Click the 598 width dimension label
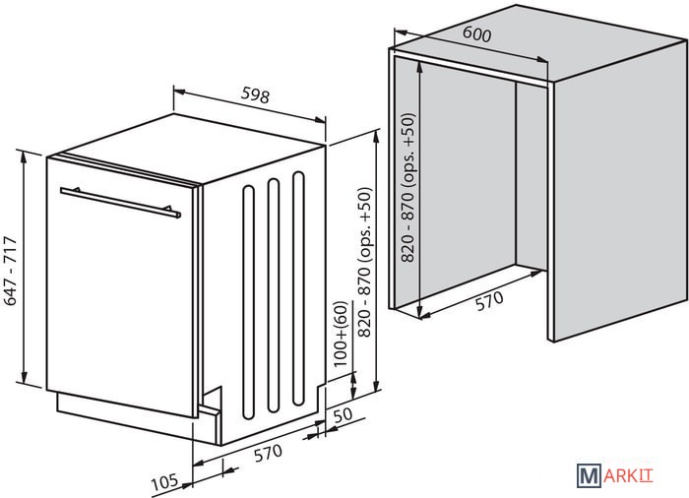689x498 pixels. pos(255,95)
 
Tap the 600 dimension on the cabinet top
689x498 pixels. pos(476,34)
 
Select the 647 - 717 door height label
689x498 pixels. pos(11,271)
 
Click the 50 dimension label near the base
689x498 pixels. pos(344,415)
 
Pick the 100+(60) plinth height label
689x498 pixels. pos(341,334)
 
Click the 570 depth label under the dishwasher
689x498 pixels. pos(268,454)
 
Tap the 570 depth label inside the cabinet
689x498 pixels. pos(489,301)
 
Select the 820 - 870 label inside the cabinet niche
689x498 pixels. pos(408,188)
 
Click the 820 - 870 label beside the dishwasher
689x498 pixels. pos(365,263)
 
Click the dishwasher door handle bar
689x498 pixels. pos(120,203)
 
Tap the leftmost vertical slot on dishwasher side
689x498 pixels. pos(249,302)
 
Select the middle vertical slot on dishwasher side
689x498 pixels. pos(274,295)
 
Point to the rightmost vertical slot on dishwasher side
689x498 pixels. pos(299,288)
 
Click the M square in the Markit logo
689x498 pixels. pos(589,475)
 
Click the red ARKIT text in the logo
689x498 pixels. pos(628,476)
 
